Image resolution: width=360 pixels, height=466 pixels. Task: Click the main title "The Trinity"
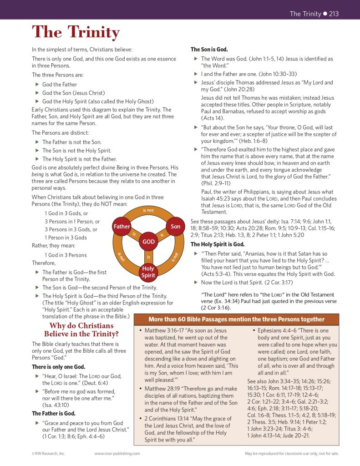[x=76, y=33]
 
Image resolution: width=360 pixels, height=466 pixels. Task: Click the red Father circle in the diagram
[x=122, y=226]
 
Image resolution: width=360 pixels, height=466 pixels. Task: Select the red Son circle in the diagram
[x=175, y=226]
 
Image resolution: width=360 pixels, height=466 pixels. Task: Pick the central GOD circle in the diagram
[x=148, y=242]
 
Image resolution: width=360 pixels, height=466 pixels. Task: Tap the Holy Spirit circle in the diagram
[x=148, y=272]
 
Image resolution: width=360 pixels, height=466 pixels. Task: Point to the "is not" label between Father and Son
[x=148, y=210]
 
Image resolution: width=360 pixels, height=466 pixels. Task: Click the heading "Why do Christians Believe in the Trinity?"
[x=81, y=330]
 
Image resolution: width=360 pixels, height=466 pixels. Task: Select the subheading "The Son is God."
[x=209, y=50]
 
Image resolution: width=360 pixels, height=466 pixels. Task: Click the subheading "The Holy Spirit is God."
[x=217, y=244]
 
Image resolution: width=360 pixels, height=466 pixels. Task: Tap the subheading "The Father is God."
[x=53, y=413]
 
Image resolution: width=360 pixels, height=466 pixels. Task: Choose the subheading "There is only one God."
[x=58, y=367]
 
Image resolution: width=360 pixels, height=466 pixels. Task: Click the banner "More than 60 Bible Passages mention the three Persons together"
[x=235, y=319]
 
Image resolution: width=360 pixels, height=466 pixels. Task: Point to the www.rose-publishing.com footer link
[x=117, y=454]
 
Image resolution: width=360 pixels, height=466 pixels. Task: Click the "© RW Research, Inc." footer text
[x=49, y=454]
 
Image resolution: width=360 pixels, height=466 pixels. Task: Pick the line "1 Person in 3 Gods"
[x=66, y=238]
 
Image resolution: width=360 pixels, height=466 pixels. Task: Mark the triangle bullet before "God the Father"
[x=37, y=84]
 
